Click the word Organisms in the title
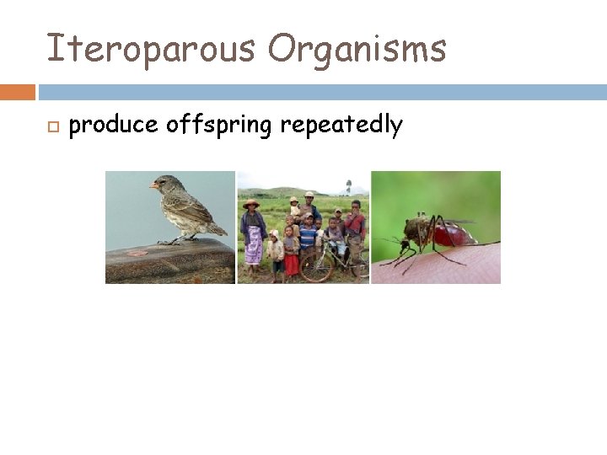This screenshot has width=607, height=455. (x=357, y=48)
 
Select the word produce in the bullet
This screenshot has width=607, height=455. (x=113, y=126)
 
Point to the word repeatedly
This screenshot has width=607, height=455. (x=341, y=126)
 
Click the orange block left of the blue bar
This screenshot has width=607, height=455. (x=18, y=92)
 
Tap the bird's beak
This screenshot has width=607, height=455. (x=153, y=185)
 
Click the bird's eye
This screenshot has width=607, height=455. (x=163, y=181)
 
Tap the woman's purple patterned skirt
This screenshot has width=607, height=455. (x=253, y=248)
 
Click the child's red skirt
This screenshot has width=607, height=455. (x=291, y=265)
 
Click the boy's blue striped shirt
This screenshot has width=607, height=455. (x=309, y=235)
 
